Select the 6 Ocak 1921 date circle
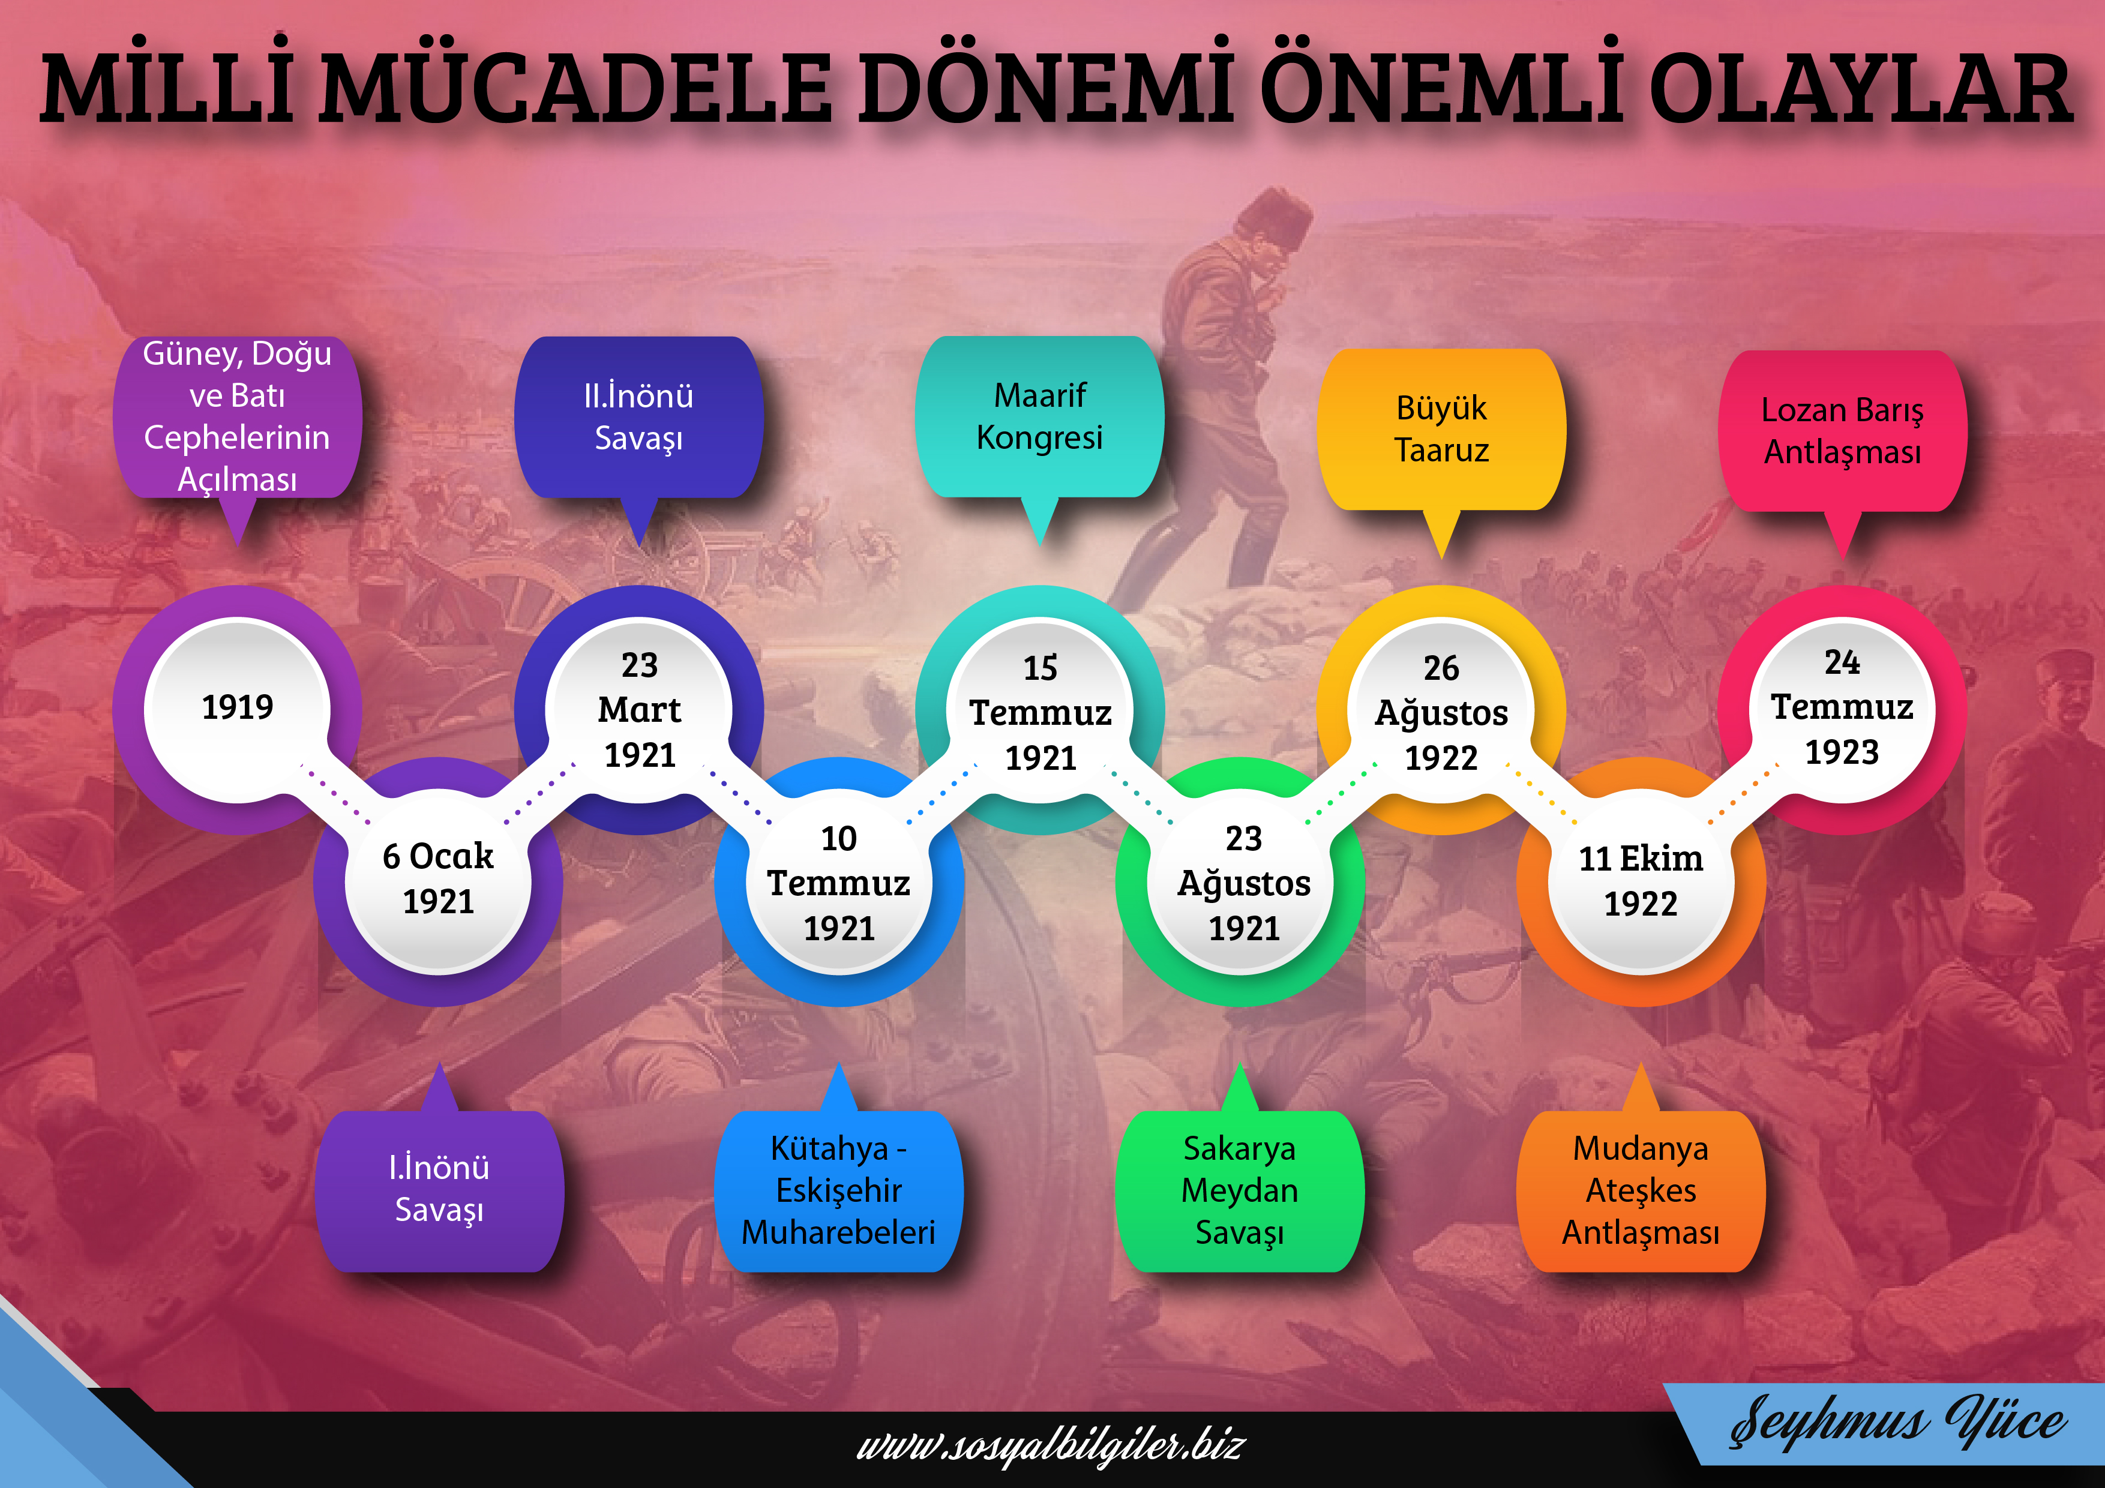pos(438,881)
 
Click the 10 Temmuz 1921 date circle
pos(839,881)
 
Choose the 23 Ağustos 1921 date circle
pos(1240,881)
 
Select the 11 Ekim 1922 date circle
pos(1641,881)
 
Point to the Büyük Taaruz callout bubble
pos(1441,430)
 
